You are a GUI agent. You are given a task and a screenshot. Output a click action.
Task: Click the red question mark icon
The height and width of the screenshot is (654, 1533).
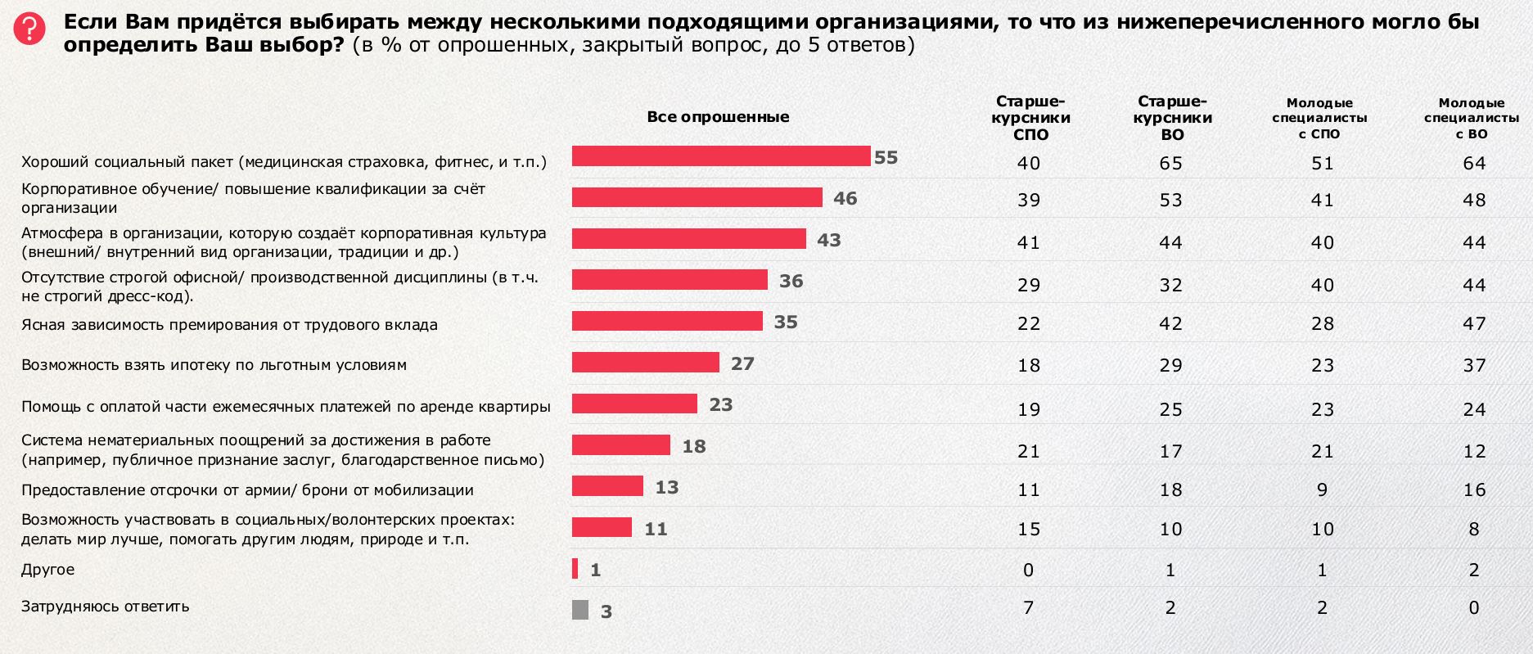[30, 29]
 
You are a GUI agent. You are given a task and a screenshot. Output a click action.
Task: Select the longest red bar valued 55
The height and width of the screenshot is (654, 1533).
[720, 156]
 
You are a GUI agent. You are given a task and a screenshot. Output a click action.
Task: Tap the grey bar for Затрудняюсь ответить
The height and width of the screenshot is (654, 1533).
[580, 610]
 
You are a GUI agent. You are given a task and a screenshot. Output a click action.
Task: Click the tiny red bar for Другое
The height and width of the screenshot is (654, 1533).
[575, 568]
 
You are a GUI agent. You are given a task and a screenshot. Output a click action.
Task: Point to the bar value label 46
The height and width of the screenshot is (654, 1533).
[845, 198]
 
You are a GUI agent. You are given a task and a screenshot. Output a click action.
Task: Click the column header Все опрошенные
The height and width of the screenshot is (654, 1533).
[718, 116]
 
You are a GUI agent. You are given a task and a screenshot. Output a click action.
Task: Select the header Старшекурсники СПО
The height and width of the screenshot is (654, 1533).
[1030, 118]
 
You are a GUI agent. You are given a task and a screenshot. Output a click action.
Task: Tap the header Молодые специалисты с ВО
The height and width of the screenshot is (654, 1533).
[1472, 118]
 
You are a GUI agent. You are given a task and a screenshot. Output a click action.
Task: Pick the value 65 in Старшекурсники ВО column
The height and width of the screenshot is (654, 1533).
[1170, 163]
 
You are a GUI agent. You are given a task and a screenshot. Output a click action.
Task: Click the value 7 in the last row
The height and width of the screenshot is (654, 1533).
[1029, 607]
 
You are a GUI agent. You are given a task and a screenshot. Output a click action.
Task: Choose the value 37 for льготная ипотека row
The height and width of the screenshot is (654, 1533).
[1474, 365]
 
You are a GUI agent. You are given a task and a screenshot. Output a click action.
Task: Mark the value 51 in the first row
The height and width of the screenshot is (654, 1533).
[1323, 163]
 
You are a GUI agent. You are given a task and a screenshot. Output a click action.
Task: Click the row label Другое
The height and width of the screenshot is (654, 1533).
[47, 569]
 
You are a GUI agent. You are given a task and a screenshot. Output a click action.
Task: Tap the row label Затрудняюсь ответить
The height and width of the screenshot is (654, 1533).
[105, 607]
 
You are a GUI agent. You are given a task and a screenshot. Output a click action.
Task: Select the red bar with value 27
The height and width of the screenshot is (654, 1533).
[645, 362]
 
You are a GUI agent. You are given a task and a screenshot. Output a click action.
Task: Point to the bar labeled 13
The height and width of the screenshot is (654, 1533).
[607, 486]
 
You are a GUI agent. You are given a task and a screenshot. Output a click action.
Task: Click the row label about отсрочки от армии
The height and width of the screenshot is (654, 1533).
[247, 490]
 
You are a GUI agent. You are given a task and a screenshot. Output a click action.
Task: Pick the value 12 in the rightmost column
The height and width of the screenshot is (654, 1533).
[1474, 451]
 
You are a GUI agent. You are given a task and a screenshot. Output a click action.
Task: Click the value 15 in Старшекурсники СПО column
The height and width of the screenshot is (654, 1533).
[1029, 530]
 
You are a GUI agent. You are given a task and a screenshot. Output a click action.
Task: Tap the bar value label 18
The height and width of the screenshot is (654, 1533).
[693, 446]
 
